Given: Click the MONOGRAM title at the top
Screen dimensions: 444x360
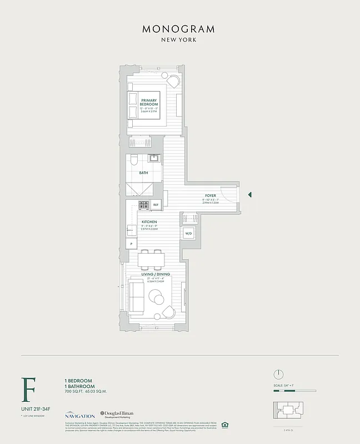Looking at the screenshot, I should click(x=179, y=29).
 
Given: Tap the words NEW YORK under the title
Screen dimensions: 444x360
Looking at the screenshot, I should click(x=179, y=40).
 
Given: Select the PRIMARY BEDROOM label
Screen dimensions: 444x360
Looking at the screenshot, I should click(x=149, y=102).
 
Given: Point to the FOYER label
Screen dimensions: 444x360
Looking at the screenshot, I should click(x=211, y=196).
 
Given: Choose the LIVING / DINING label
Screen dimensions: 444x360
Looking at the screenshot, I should click(x=156, y=275).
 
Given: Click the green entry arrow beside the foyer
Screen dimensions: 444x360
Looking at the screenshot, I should click(x=250, y=195).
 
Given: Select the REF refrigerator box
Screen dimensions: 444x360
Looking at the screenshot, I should click(x=156, y=205).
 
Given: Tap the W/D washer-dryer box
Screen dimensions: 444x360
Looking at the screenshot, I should click(x=188, y=234).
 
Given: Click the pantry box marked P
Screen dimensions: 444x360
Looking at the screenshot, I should click(x=132, y=244).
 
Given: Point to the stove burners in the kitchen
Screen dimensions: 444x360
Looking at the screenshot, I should click(x=143, y=205).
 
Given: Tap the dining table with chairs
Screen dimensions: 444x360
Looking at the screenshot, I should click(x=151, y=259).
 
